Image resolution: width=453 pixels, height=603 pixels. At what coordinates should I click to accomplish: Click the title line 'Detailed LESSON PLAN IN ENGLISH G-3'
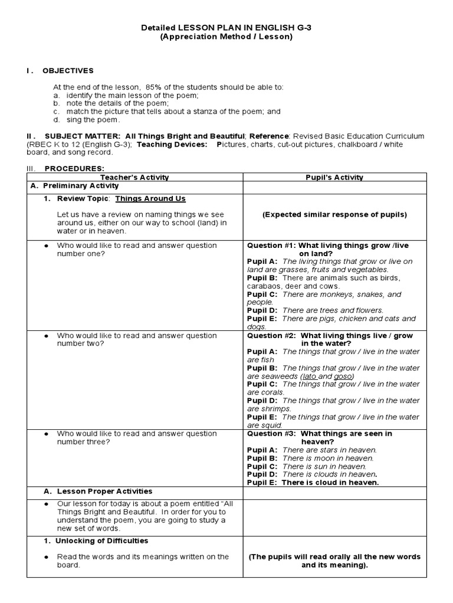(226, 28)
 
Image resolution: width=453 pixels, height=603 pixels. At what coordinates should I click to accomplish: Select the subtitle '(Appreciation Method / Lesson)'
(226, 37)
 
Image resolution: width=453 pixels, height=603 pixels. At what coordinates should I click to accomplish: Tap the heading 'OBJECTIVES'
(68, 71)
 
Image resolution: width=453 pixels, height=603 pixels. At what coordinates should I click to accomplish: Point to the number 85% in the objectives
(163, 87)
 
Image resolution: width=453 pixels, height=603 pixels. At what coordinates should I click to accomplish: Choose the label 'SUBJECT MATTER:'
(82, 136)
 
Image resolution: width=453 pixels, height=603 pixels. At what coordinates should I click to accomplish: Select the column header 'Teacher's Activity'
(134, 177)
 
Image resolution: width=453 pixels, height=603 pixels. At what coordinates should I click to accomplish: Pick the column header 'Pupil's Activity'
(334, 177)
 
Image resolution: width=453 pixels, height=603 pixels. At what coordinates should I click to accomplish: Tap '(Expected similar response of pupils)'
(334, 214)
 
